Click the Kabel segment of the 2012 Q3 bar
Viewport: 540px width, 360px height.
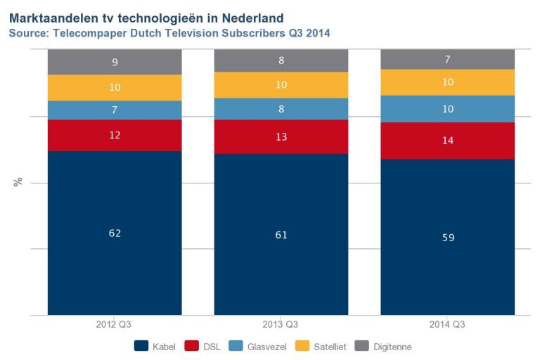click(115, 253)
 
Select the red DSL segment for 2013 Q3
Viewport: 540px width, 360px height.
click(281, 136)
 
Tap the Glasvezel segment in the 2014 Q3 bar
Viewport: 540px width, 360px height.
click(448, 109)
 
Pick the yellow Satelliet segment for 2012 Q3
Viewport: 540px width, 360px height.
click(115, 88)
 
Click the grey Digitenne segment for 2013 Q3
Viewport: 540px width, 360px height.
click(281, 60)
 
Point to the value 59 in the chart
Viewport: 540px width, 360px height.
click(448, 238)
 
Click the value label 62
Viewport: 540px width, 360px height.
click(115, 233)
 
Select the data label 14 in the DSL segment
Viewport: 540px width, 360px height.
click(448, 141)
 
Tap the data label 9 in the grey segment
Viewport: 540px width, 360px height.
click(115, 62)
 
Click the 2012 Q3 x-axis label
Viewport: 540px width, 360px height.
click(115, 326)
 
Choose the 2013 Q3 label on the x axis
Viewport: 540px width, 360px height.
click(281, 326)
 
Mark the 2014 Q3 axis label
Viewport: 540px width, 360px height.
click(448, 326)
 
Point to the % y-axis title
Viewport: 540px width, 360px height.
click(18, 182)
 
